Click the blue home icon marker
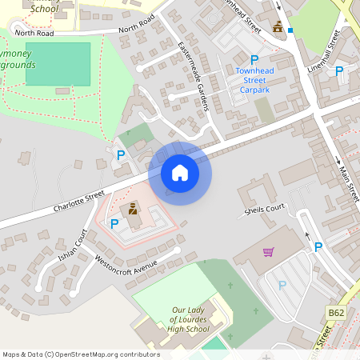pos(180,172)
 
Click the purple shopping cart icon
pos(269,253)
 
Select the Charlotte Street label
pos(79,201)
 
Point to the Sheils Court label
pos(265,210)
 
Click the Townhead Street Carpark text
pos(254,81)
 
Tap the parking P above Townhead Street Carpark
pos(254,60)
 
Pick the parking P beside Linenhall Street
pos(339,72)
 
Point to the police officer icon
pos(133,211)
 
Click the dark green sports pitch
pos(58,64)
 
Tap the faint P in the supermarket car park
pos(282,285)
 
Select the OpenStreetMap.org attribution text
pos(80,354)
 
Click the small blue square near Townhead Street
pos(291,31)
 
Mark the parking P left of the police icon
pos(114,223)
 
